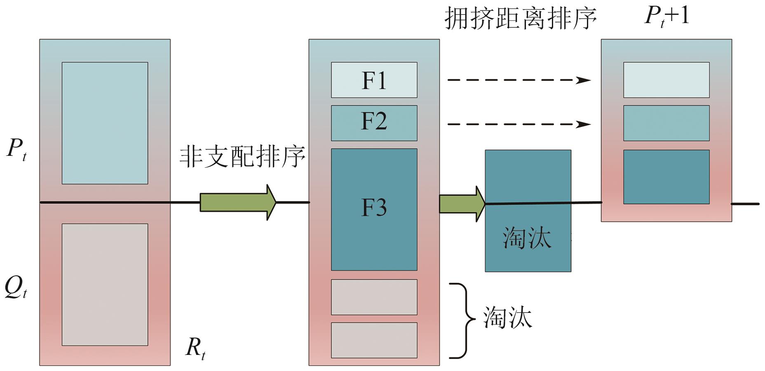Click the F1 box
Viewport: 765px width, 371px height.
pos(374,80)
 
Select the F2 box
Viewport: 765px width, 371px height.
pos(374,123)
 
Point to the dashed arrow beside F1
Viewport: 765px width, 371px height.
pos(519,80)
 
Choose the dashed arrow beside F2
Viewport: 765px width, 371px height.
pos(519,124)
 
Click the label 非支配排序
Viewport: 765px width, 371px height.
pos(242,157)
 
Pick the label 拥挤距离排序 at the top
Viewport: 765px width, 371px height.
pos(521,19)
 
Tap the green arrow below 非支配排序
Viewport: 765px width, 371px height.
pos(237,202)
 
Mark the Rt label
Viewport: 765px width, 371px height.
pos(195,348)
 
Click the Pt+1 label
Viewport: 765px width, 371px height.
pos(666,16)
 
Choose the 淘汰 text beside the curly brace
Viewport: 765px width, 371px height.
pos(507,317)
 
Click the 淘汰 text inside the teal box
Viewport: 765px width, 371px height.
pos(527,238)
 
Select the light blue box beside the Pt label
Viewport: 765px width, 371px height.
pos(105,123)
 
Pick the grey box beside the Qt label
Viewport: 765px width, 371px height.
pos(105,284)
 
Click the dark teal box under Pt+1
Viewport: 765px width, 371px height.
pos(666,177)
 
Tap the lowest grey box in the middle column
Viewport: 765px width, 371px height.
pos(374,340)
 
